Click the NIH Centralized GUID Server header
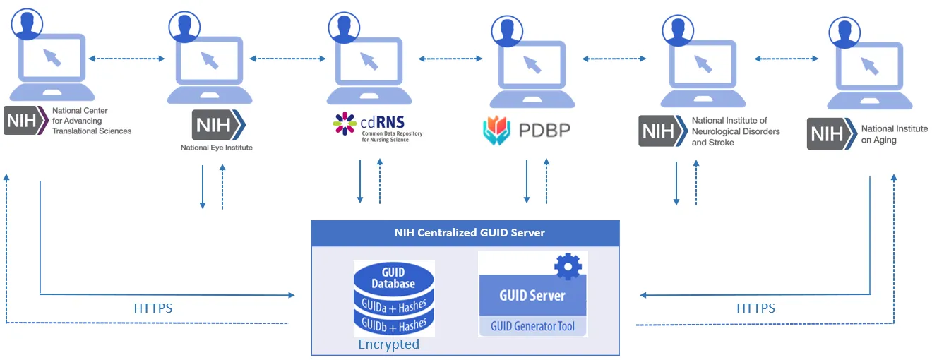(x=465, y=233)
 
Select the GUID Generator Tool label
(x=532, y=325)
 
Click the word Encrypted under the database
(x=388, y=344)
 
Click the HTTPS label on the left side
(x=153, y=308)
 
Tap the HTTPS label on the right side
(x=755, y=308)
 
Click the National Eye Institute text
(x=216, y=148)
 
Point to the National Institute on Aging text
(x=894, y=134)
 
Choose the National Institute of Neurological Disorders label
(x=735, y=131)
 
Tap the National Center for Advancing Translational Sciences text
(x=92, y=121)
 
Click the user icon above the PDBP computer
(x=506, y=30)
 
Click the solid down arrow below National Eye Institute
(x=203, y=187)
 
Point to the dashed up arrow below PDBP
(x=546, y=181)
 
